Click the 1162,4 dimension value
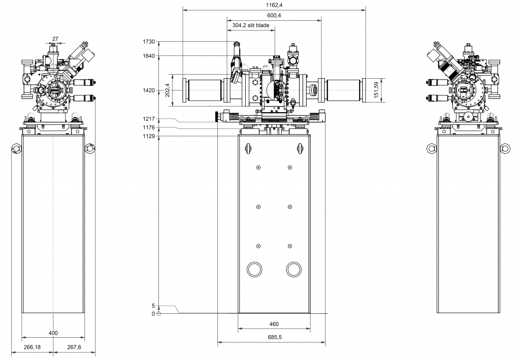point(274,5)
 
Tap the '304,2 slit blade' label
point(251,25)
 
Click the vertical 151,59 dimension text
point(376,90)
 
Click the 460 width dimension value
point(274,324)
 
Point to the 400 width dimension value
point(53,333)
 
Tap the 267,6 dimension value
point(69,347)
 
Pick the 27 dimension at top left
point(55,38)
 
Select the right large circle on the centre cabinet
point(293,269)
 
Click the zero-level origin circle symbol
point(159,314)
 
